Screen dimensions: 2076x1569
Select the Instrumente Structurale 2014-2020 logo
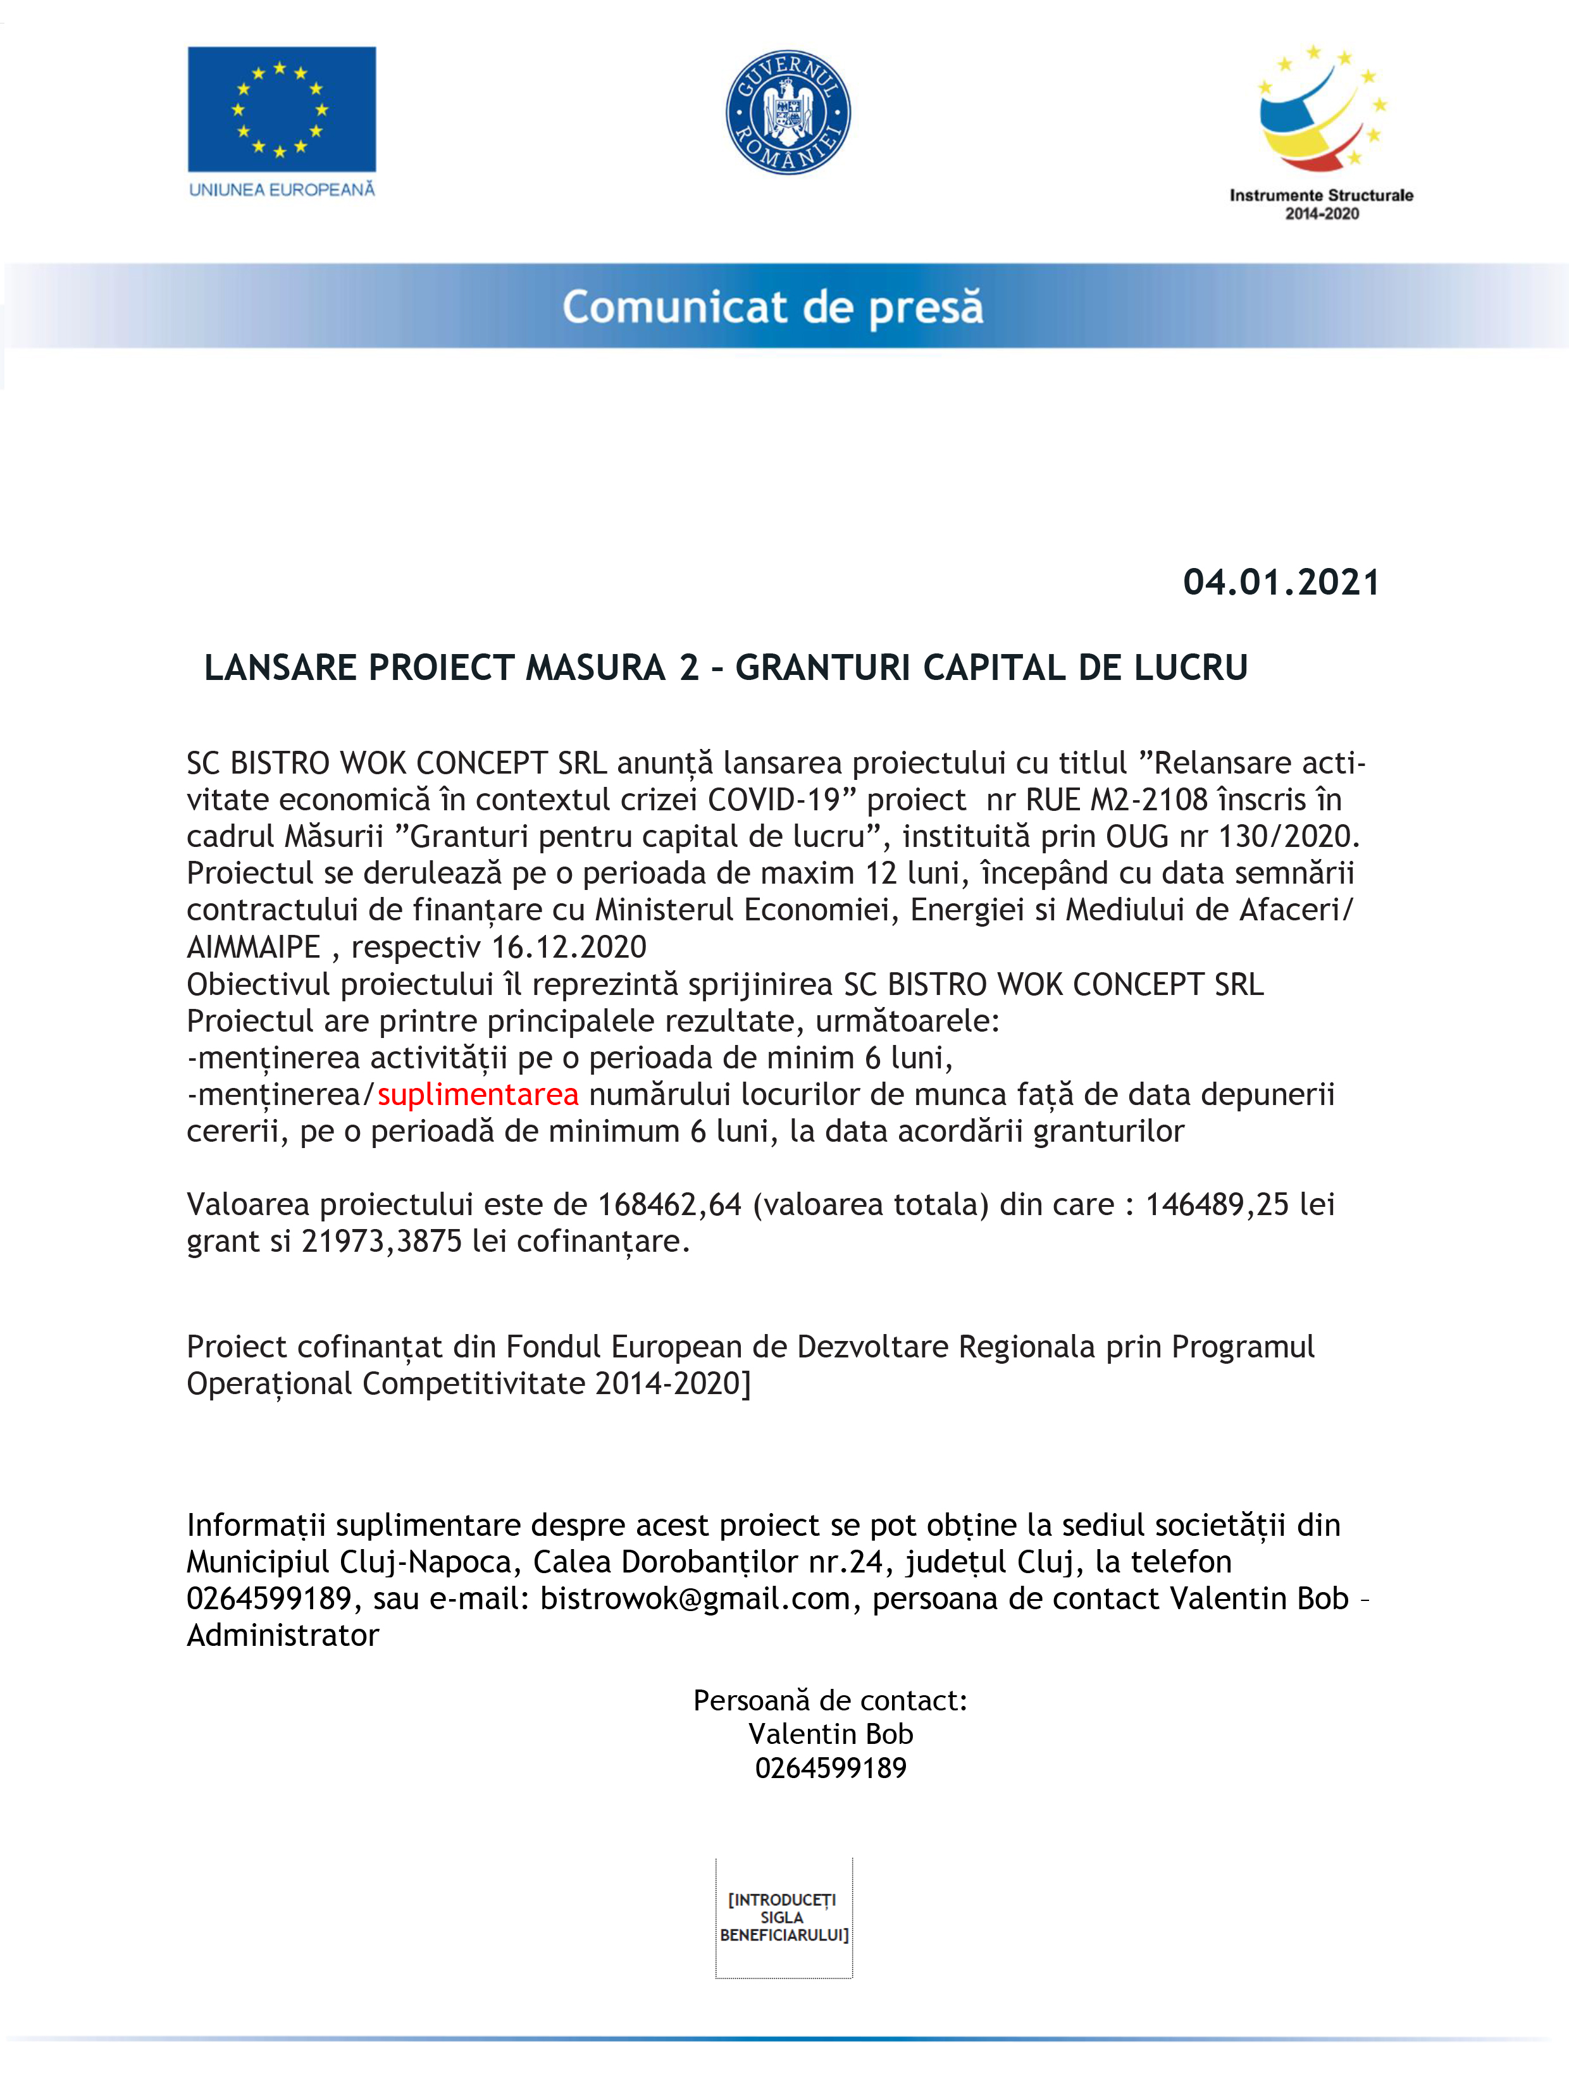pos(1321,132)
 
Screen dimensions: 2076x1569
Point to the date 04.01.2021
pos(1281,583)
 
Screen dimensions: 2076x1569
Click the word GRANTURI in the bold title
pos(822,668)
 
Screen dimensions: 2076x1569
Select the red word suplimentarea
pos(478,1094)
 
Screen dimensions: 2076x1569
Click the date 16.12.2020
pos(569,947)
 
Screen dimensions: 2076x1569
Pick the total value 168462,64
pos(669,1204)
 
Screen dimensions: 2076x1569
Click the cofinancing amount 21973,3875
pos(381,1242)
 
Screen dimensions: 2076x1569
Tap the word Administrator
pos(283,1635)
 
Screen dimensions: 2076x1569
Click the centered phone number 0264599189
pos(830,1768)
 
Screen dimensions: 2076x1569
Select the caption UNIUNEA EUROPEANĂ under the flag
pos(282,190)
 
